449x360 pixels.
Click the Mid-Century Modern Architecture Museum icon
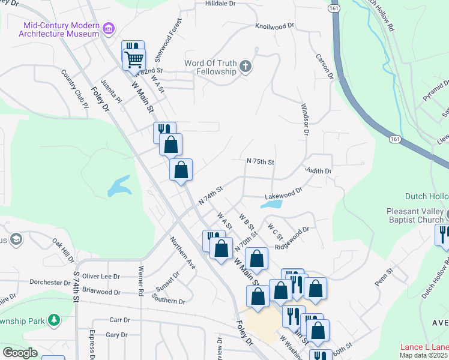point(109,28)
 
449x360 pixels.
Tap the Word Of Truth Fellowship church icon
point(246,67)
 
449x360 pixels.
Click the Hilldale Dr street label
point(205,4)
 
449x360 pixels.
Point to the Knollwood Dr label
point(274,26)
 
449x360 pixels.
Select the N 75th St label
point(261,162)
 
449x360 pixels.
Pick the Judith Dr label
point(318,171)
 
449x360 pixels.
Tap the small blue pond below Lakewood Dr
point(271,204)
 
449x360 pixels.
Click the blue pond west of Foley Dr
point(119,186)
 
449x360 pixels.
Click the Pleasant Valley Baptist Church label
point(415,215)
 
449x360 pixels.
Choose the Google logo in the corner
point(20,353)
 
